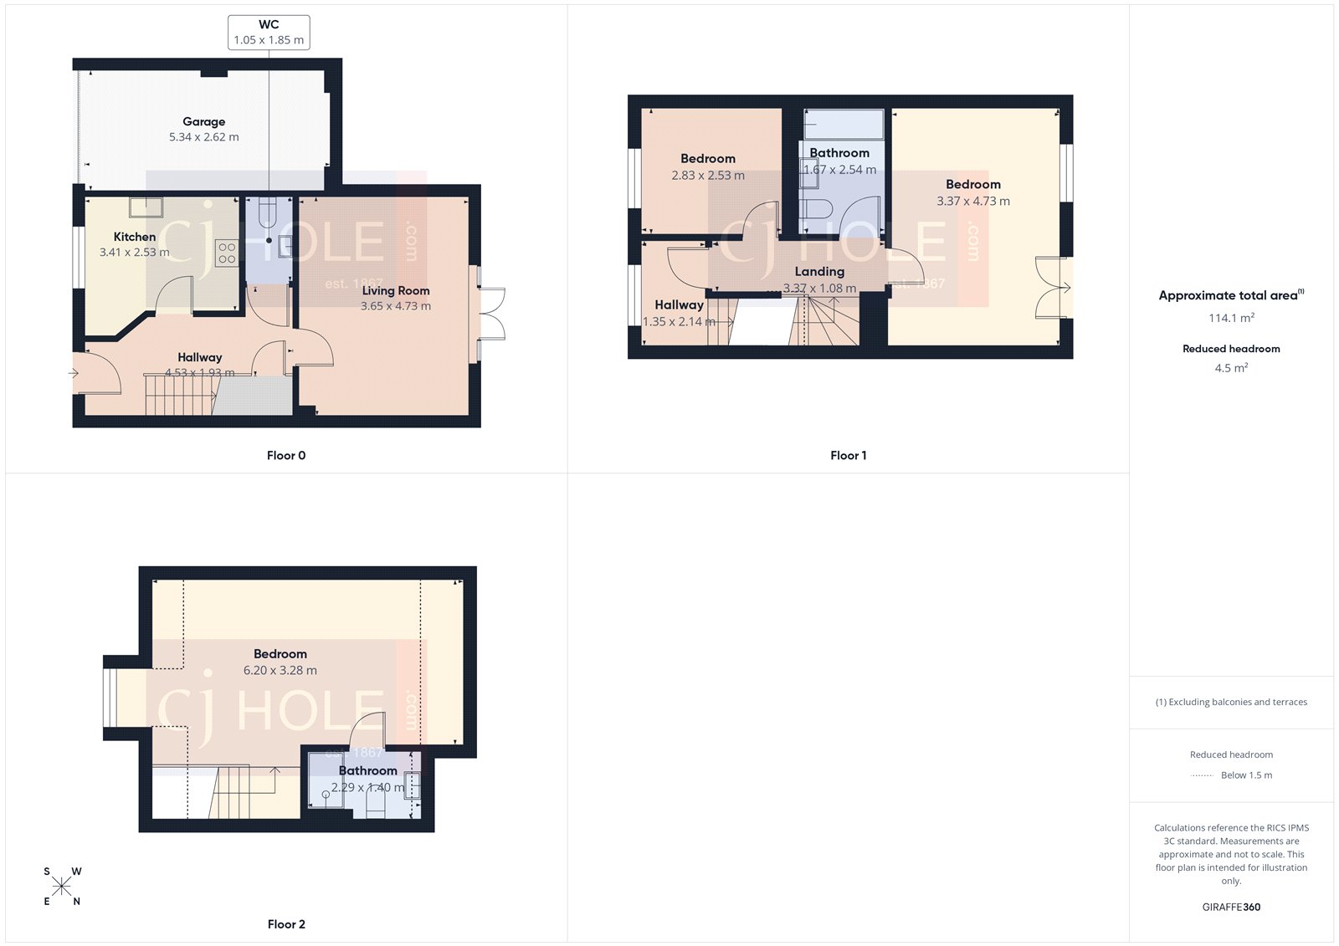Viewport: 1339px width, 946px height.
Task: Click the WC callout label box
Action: pos(269,32)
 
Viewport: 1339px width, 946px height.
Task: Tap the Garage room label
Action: pos(203,121)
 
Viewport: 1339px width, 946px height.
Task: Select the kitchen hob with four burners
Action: pos(227,253)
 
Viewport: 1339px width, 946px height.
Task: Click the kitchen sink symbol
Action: pos(146,207)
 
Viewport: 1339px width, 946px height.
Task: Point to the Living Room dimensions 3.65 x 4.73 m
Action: pos(395,306)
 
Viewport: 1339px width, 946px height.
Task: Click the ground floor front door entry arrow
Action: pos(74,373)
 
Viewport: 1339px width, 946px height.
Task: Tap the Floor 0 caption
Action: pos(286,455)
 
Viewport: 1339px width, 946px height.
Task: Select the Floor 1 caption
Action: pos(848,455)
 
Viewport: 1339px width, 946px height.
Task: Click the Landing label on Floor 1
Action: pos(819,271)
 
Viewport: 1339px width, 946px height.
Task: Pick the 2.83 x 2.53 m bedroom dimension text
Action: pos(707,176)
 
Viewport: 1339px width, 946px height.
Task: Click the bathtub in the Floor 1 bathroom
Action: pos(844,125)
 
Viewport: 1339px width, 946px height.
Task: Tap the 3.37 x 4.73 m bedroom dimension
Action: pos(972,202)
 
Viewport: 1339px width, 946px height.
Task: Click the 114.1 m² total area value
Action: pos(1230,318)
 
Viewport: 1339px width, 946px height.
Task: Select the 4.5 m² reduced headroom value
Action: pos(1230,368)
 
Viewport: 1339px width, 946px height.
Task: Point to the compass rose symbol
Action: pos(62,887)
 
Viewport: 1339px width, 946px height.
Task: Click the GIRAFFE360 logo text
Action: pos(1230,907)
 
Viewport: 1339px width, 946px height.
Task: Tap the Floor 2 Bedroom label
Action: pos(280,653)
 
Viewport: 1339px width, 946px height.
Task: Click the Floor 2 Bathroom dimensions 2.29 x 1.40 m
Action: pos(367,787)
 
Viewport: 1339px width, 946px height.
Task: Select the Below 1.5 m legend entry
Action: pos(1245,775)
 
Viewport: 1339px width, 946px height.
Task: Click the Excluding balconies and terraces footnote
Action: pos(1231,702)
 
